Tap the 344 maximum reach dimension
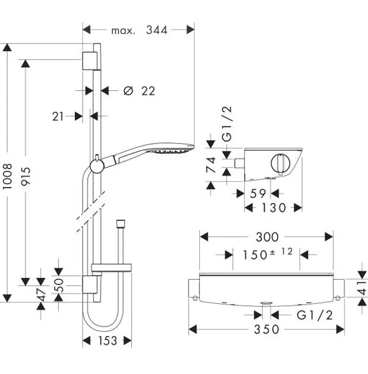pos(157,29)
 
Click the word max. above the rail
pos(123,29)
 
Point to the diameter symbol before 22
pos(127,91)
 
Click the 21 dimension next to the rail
pos(58,116)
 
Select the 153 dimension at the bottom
pos(107,341)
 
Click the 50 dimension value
pos(58,285)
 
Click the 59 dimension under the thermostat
pos(257,193)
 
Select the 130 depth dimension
pos(273,208)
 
